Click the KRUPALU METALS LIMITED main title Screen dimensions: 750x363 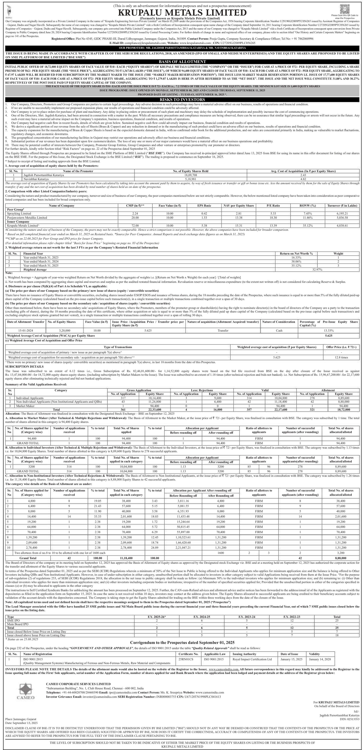point(182,13)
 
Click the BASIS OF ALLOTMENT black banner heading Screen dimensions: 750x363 point(182,62)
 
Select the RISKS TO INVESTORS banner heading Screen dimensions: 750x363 point(182,100)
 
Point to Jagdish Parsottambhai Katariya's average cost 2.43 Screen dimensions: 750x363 point(303,175)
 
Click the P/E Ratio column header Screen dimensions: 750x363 point(273,205)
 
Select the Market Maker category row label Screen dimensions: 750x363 point(26,406)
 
